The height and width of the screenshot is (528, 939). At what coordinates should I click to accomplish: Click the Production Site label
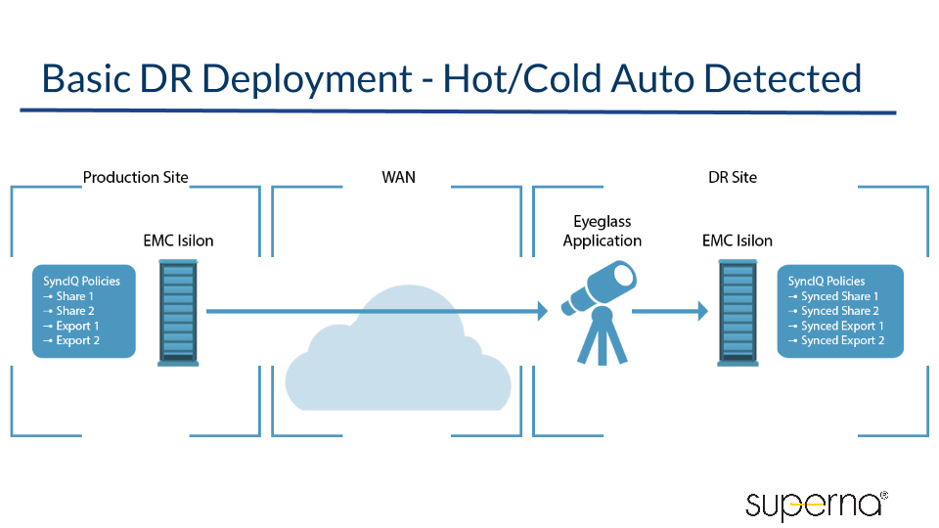click(135, 177)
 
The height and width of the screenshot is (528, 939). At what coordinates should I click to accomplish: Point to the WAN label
click(398, 177)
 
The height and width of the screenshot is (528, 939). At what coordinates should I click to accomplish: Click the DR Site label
click(733, 177)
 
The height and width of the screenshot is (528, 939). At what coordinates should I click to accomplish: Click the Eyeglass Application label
click(603, 232)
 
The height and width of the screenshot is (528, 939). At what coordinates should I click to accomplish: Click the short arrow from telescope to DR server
click(670, 312)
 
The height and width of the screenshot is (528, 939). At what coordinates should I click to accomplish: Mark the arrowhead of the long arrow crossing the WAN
click(540, 312)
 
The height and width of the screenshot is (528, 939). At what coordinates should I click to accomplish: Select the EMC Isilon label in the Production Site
click(178, 241)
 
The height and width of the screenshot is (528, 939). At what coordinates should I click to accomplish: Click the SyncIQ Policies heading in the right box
click(827, 281)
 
